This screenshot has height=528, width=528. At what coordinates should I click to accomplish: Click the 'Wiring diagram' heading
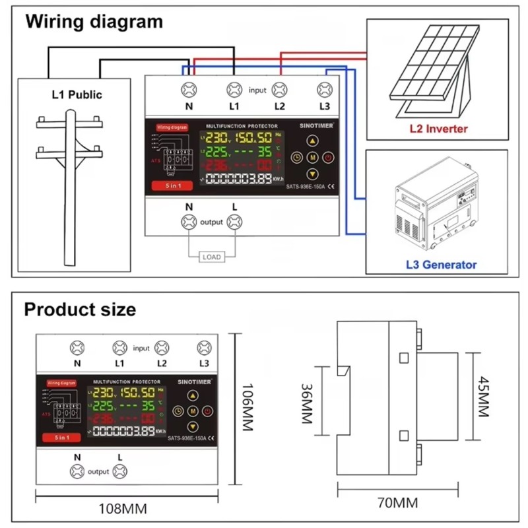pos(94,21)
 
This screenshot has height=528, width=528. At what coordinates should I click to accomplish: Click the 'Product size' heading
pos(80,309)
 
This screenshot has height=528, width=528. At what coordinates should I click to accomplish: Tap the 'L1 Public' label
pos(77,94)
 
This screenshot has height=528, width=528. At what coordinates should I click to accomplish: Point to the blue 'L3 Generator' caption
pos(441,265)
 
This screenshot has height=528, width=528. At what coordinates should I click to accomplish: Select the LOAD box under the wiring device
pos(211,257)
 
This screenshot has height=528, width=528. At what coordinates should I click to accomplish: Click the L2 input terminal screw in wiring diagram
pos(279,89)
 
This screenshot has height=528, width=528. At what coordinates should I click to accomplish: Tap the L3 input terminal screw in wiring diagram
pos(324,89)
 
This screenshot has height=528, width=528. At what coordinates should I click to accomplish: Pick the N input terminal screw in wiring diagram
pos(189,89)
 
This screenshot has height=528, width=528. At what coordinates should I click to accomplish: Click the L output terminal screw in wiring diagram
pos(234,222)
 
